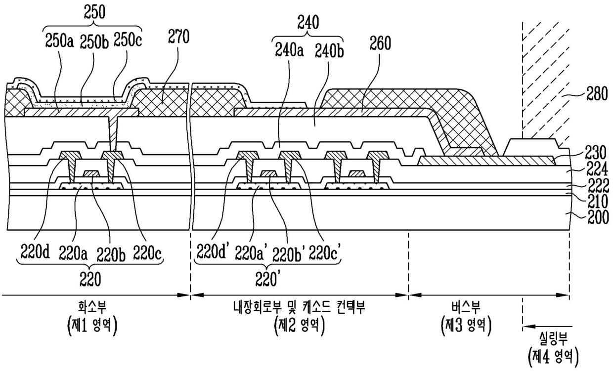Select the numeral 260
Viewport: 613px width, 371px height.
click(x=381, y=44)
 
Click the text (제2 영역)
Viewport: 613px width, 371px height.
click(x=297, y=325)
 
